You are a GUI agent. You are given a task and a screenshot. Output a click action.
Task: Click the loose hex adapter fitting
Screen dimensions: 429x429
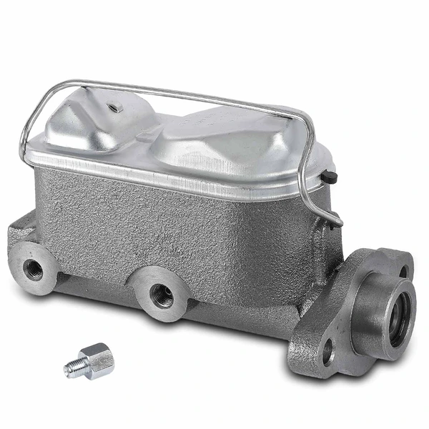coord(94,357)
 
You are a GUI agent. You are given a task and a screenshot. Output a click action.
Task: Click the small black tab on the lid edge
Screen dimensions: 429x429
coord(330,174)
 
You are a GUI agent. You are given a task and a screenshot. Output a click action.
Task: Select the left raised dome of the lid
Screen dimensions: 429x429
coord(114,125)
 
